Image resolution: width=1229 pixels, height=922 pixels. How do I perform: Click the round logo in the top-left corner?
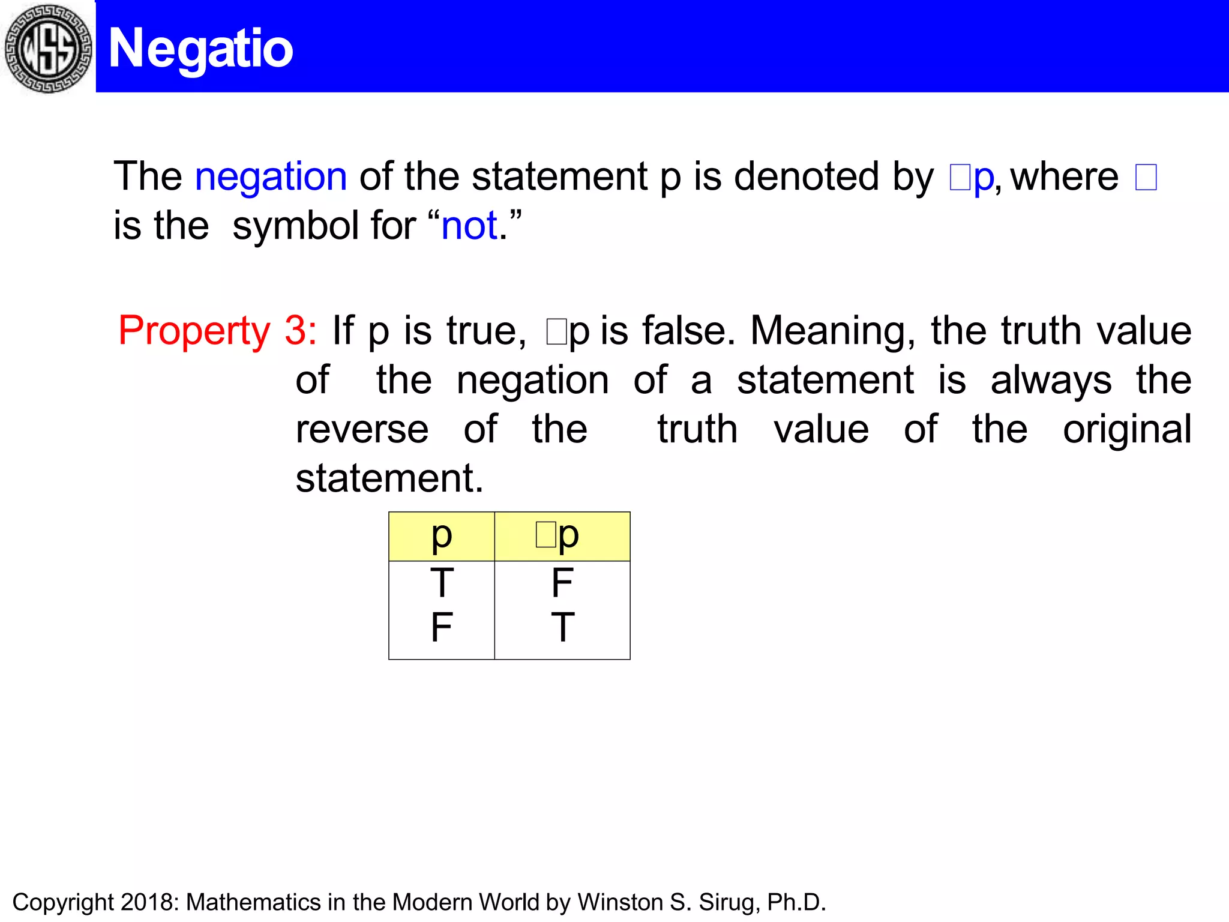click(48, 48)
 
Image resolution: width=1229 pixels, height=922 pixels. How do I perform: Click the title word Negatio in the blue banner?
click(200, 49)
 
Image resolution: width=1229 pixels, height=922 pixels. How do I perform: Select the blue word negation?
click(271, 176)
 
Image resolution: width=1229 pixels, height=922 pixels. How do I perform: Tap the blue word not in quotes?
click(469, 226)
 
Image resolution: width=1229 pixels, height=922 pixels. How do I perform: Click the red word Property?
click(194, 331)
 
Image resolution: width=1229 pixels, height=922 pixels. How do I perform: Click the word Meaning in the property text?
click(833, 331)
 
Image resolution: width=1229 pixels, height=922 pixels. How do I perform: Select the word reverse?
click(362, 429)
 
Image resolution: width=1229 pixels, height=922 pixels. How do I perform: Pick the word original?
click(1127, 430)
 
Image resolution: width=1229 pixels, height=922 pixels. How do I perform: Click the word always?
click(1051, 381)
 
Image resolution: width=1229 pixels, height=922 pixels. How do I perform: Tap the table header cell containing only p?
click(442, 536)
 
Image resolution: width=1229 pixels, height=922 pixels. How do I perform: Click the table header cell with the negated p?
click(562, 536)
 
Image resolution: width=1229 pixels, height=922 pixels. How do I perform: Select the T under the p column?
click(442, 583)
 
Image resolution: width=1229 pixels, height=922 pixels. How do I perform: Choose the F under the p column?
click(442, 627)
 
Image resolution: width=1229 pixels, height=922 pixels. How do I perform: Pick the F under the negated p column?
click(562, 583)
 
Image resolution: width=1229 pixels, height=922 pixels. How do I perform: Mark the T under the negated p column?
click(562, 627)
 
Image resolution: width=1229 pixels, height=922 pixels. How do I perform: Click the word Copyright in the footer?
click(63, 902)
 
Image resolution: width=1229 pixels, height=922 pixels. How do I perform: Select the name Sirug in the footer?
click(726, 902)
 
